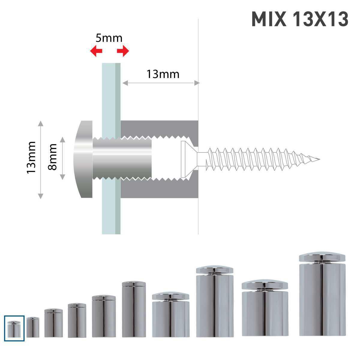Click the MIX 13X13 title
click(300, 19)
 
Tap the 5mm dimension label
click(109, 38)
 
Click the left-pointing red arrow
click(96, 51)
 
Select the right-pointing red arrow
click(123, 51)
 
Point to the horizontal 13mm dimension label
click(163, 74)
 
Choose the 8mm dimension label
click(52, 157)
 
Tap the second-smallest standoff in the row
click(33, 327)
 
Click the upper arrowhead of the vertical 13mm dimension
click(41, 123)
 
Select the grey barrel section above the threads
click(159, 127)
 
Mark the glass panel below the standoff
click(111, 216)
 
